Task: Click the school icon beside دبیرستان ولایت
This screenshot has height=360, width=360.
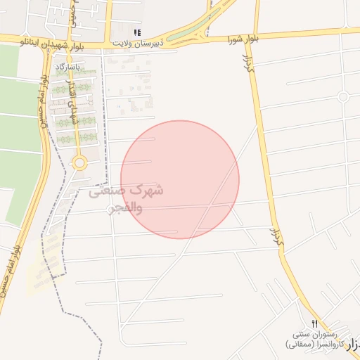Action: (x=139, y=32)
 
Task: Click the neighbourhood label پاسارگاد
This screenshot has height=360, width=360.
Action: (x=69, y=67)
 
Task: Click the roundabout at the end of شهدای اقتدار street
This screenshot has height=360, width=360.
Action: (x=79, y=164)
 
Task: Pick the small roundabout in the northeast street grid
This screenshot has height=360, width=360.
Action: (x=343, y=97)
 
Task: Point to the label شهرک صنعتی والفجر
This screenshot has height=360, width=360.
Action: (x=127, y=199)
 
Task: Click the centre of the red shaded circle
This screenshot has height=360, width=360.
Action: (x=180, y=179)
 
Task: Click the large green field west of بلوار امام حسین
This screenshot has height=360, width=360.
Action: (x=18, y=141)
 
